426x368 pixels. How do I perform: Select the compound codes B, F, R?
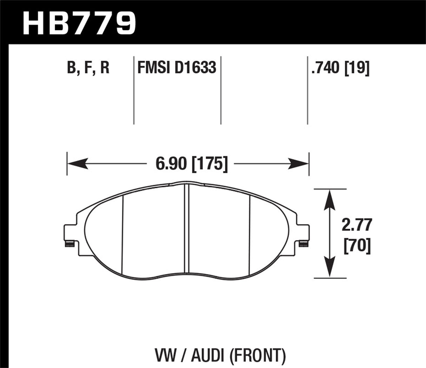coord(88,68)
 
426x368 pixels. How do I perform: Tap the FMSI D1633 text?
coord(177,68)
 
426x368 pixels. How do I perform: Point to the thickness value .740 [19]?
coord(340,68)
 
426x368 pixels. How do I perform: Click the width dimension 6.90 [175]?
coord(191,164)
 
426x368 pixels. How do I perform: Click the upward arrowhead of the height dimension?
coord(329,198)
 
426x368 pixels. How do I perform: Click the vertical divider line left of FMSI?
coord(134,90)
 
